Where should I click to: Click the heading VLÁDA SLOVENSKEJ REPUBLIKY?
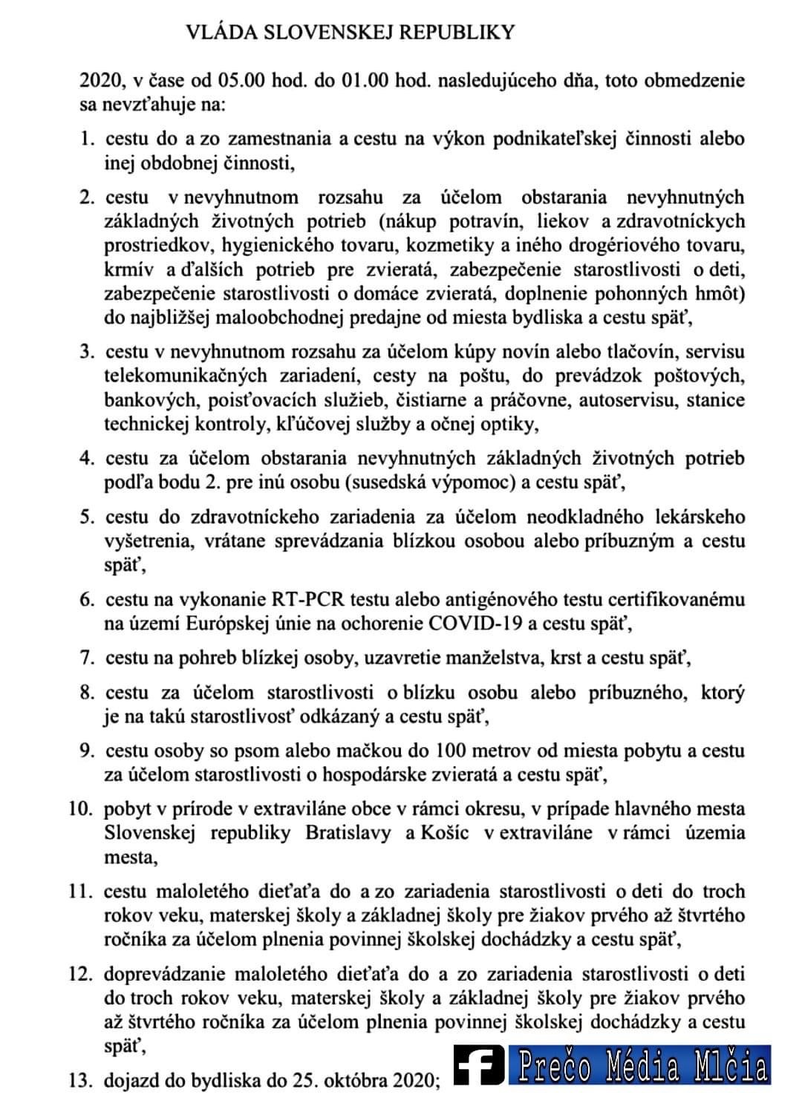(350, 32)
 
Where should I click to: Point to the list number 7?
(86, 658)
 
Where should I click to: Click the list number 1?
(86, 139)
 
